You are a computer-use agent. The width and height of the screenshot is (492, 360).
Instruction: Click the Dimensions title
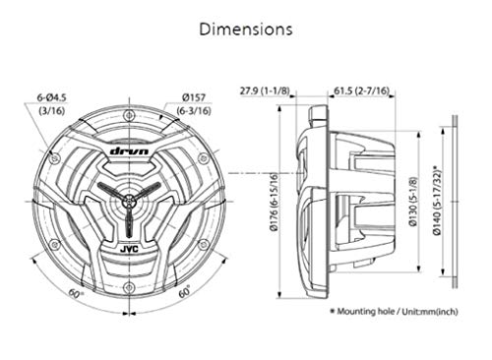[245, 29]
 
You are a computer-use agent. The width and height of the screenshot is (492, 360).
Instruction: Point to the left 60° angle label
[76, 292]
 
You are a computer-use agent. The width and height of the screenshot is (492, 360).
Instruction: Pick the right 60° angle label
[184, 292]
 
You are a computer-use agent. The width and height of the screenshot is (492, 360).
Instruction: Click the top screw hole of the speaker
[130, 122]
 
